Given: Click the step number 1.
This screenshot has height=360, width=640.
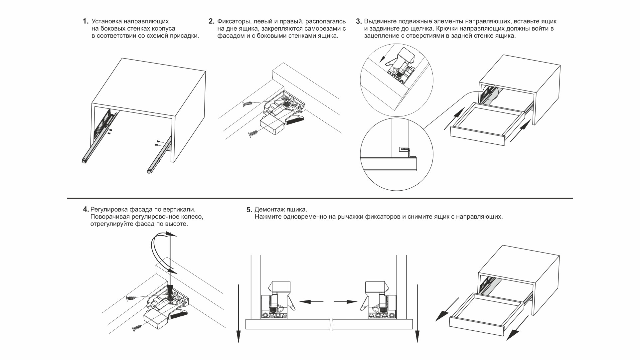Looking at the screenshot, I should coord(85,21).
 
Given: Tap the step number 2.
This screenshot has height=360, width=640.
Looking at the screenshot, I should coord(211,21).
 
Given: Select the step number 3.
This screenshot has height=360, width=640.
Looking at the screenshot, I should coord(359,21).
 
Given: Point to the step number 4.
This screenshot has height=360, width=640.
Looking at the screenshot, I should coord(85,210).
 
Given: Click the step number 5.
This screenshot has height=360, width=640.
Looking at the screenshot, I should coord(249,210).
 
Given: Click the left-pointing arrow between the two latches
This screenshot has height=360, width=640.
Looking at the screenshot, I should coord(311,302).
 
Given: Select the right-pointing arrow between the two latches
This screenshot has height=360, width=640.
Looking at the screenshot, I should coord(346,302).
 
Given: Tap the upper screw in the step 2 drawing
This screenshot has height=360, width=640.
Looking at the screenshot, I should coord(249,103).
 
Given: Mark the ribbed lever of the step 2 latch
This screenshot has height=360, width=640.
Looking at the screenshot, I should coord(294,121).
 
